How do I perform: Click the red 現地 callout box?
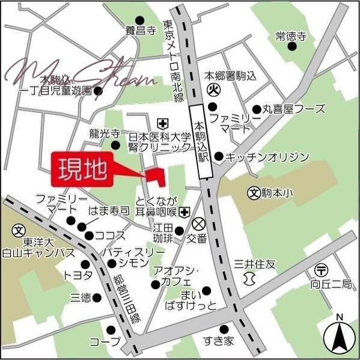point(83,171)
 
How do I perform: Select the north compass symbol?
point(339,335)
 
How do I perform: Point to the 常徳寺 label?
point(291,35)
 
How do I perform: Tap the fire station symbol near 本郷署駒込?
point(212,90)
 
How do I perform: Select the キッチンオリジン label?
point(263,157)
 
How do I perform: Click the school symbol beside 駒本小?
point(253,194)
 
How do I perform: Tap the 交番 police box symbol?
point(199,224)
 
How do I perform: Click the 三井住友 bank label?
point(254,264)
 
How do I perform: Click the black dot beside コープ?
point(110,329)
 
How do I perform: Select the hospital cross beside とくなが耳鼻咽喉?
point(184,212)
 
